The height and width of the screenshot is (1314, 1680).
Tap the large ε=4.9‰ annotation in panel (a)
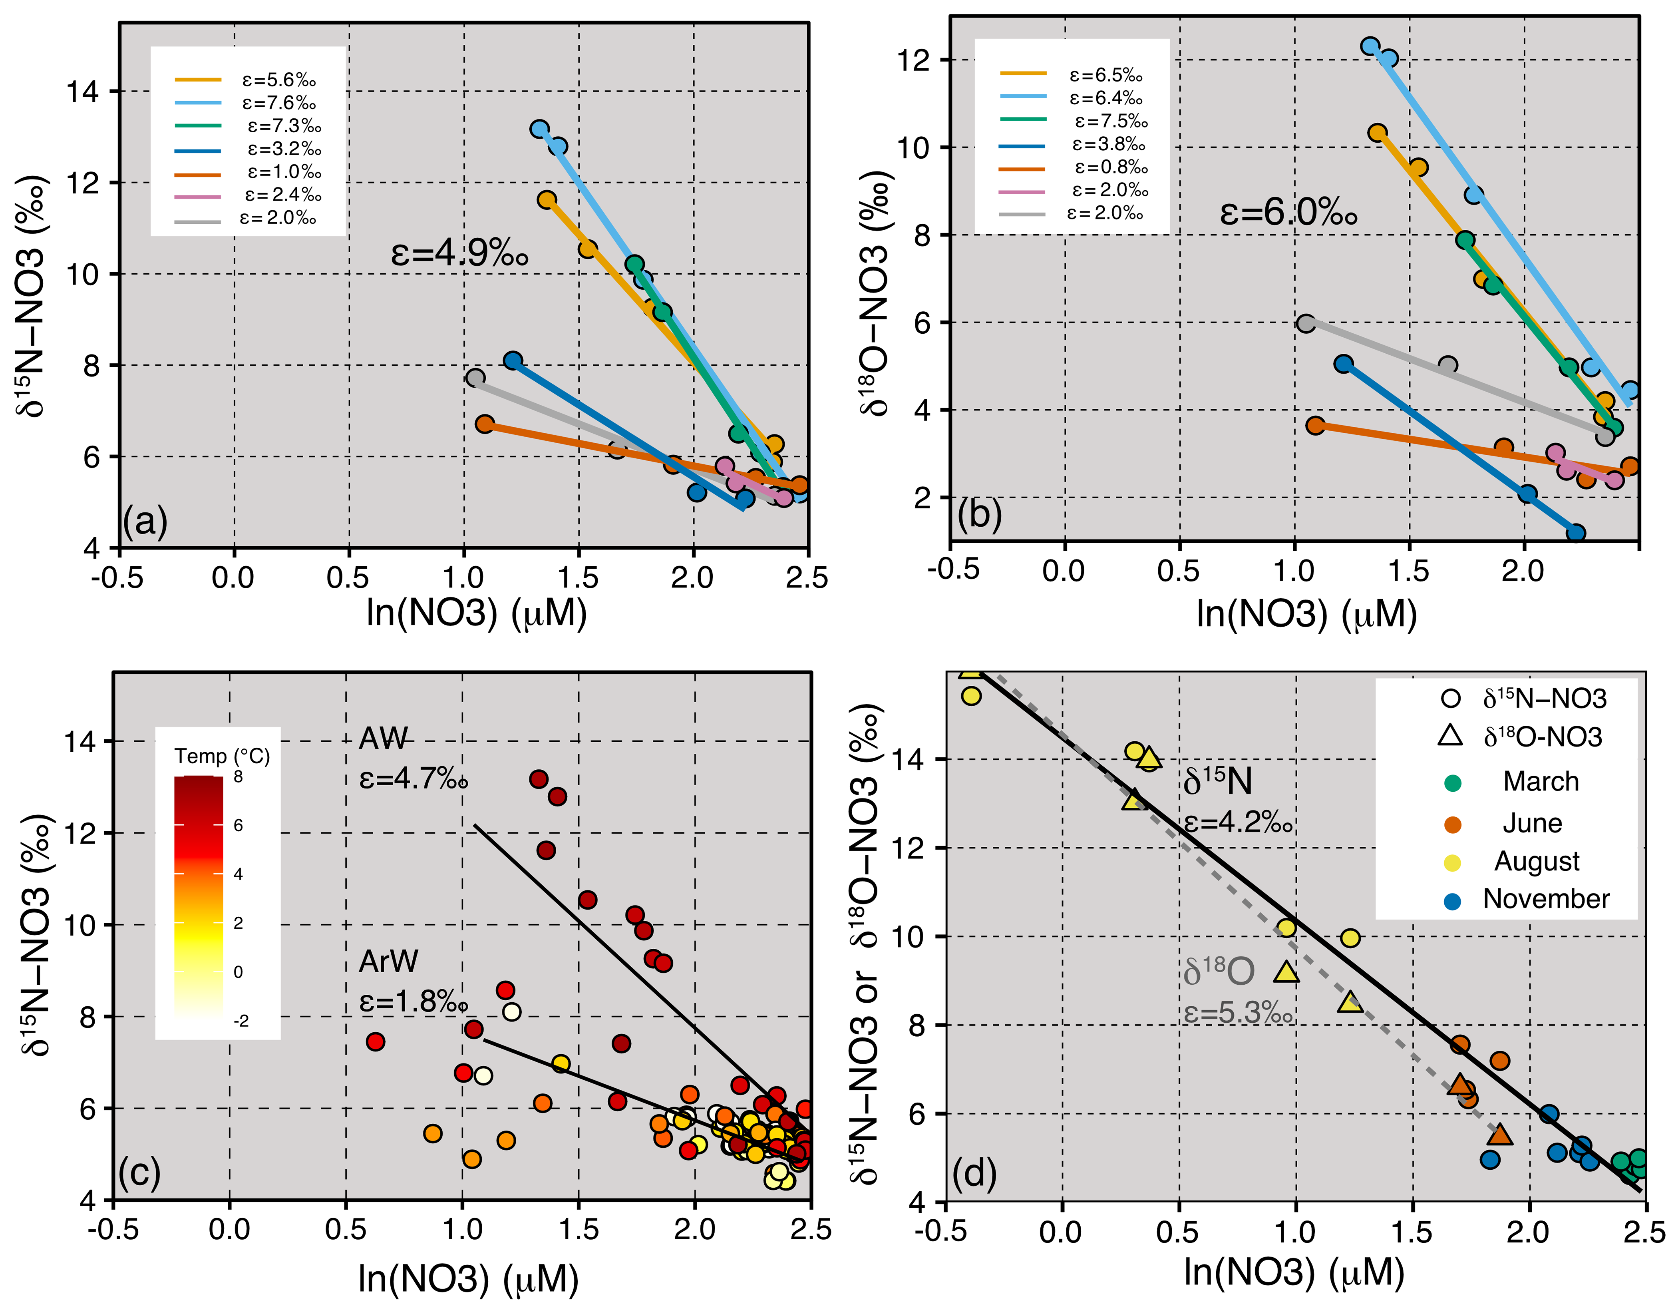pyautogui.click(x=459, y=252)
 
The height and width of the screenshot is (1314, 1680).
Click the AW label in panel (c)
pyautogui.click(x=383, y=739)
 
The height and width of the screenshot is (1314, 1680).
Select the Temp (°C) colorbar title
pyautogui.click(x=222, y=756)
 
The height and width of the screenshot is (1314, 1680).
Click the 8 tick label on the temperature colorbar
pyautogui.click(x=239, y=777)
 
